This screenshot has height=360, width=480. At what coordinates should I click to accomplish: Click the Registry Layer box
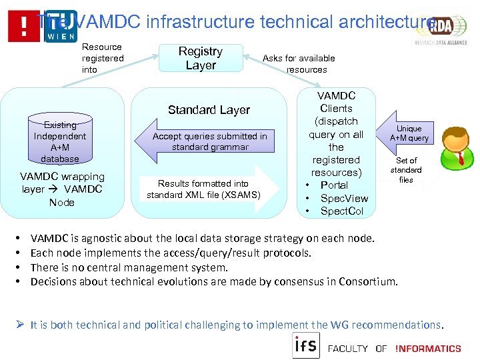[x=201, y=59]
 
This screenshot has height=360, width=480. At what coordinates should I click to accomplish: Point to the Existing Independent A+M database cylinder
[x=60, y=141]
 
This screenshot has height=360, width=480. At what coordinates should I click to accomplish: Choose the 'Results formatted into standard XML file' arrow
[x=208, y=189]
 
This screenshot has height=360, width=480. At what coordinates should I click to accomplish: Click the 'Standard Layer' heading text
[x=209, y=110]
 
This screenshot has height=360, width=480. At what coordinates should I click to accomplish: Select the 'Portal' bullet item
[x=334, y=185]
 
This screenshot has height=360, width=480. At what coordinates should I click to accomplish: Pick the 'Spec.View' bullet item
[x=344, y=199]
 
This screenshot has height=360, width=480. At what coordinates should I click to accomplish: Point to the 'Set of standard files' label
[x=406, y=170]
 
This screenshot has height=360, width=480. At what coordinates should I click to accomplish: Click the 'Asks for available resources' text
[x=299, y=64]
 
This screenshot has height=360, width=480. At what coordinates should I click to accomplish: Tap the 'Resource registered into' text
[x=102, y=58]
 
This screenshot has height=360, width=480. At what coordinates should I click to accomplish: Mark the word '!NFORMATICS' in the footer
[x=427, y=348]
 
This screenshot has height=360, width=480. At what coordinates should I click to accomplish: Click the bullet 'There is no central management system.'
[x=129, y=267]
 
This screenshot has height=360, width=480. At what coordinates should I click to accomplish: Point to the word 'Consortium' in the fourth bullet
[x=367, y=282]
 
